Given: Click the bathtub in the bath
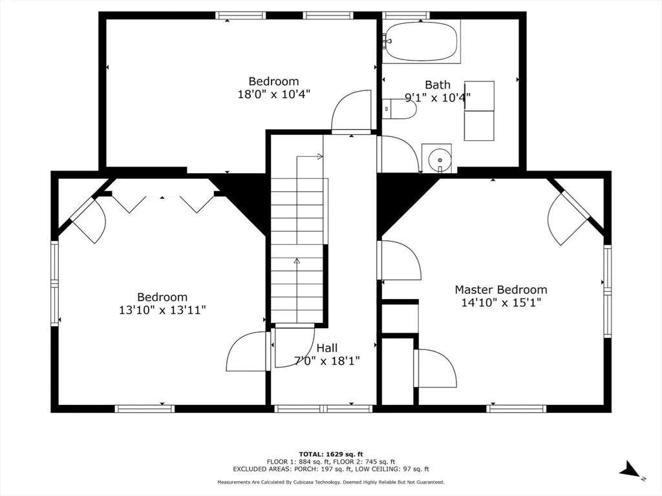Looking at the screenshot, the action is (x=421, y=41).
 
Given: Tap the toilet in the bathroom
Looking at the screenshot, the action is (x=400, y=108).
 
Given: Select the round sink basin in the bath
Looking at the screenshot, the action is (x=439, y=160).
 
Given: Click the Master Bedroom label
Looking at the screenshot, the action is (x=501, y=290).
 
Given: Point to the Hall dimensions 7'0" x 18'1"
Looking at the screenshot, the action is (x=326, y=361).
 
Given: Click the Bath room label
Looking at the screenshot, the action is (x=438, y=85).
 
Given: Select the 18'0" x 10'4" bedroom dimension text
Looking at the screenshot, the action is (x=274, y=94).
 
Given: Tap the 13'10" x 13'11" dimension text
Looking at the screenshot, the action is (x=162, y=310).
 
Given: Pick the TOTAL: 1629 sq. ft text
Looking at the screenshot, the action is (x=331, y=454).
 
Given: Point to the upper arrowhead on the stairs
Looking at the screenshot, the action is (x=319, y=157).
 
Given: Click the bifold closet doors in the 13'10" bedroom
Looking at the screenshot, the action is (x=163, y=203).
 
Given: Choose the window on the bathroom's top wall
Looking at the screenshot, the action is (x=406, y=15).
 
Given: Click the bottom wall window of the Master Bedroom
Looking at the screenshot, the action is (x=517, y=408).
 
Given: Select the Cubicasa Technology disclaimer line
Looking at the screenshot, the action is (x=330, y=482).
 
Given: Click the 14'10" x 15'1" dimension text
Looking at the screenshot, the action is (x=501, y=302).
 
